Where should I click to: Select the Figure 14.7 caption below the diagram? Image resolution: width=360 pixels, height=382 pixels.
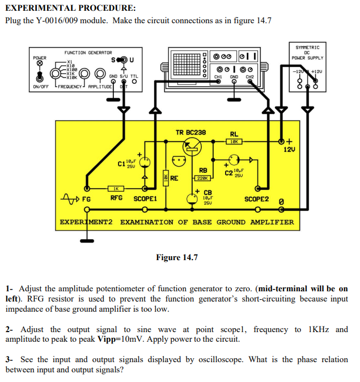[x=177, y=258]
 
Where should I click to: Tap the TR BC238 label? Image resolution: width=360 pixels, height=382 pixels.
[x=191, y=133]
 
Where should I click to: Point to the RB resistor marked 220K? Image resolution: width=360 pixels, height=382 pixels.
[x=202, y=177]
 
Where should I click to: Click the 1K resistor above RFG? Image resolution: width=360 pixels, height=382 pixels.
[x=116, y=188]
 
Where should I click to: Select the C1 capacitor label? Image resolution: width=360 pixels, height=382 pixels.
[x=121, y=164]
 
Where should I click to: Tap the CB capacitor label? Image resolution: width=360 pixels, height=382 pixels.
[x=207, y=192]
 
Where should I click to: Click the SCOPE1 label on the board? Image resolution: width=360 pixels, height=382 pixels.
[x=145, y=199]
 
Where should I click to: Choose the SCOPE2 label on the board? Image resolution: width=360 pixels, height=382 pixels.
[x=256, y=200]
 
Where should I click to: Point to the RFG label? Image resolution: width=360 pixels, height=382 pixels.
[x=116, y=198]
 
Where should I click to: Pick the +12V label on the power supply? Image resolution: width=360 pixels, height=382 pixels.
[x=316, y=71]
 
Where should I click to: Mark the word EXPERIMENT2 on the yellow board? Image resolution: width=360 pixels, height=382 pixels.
[x=88, y=222]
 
